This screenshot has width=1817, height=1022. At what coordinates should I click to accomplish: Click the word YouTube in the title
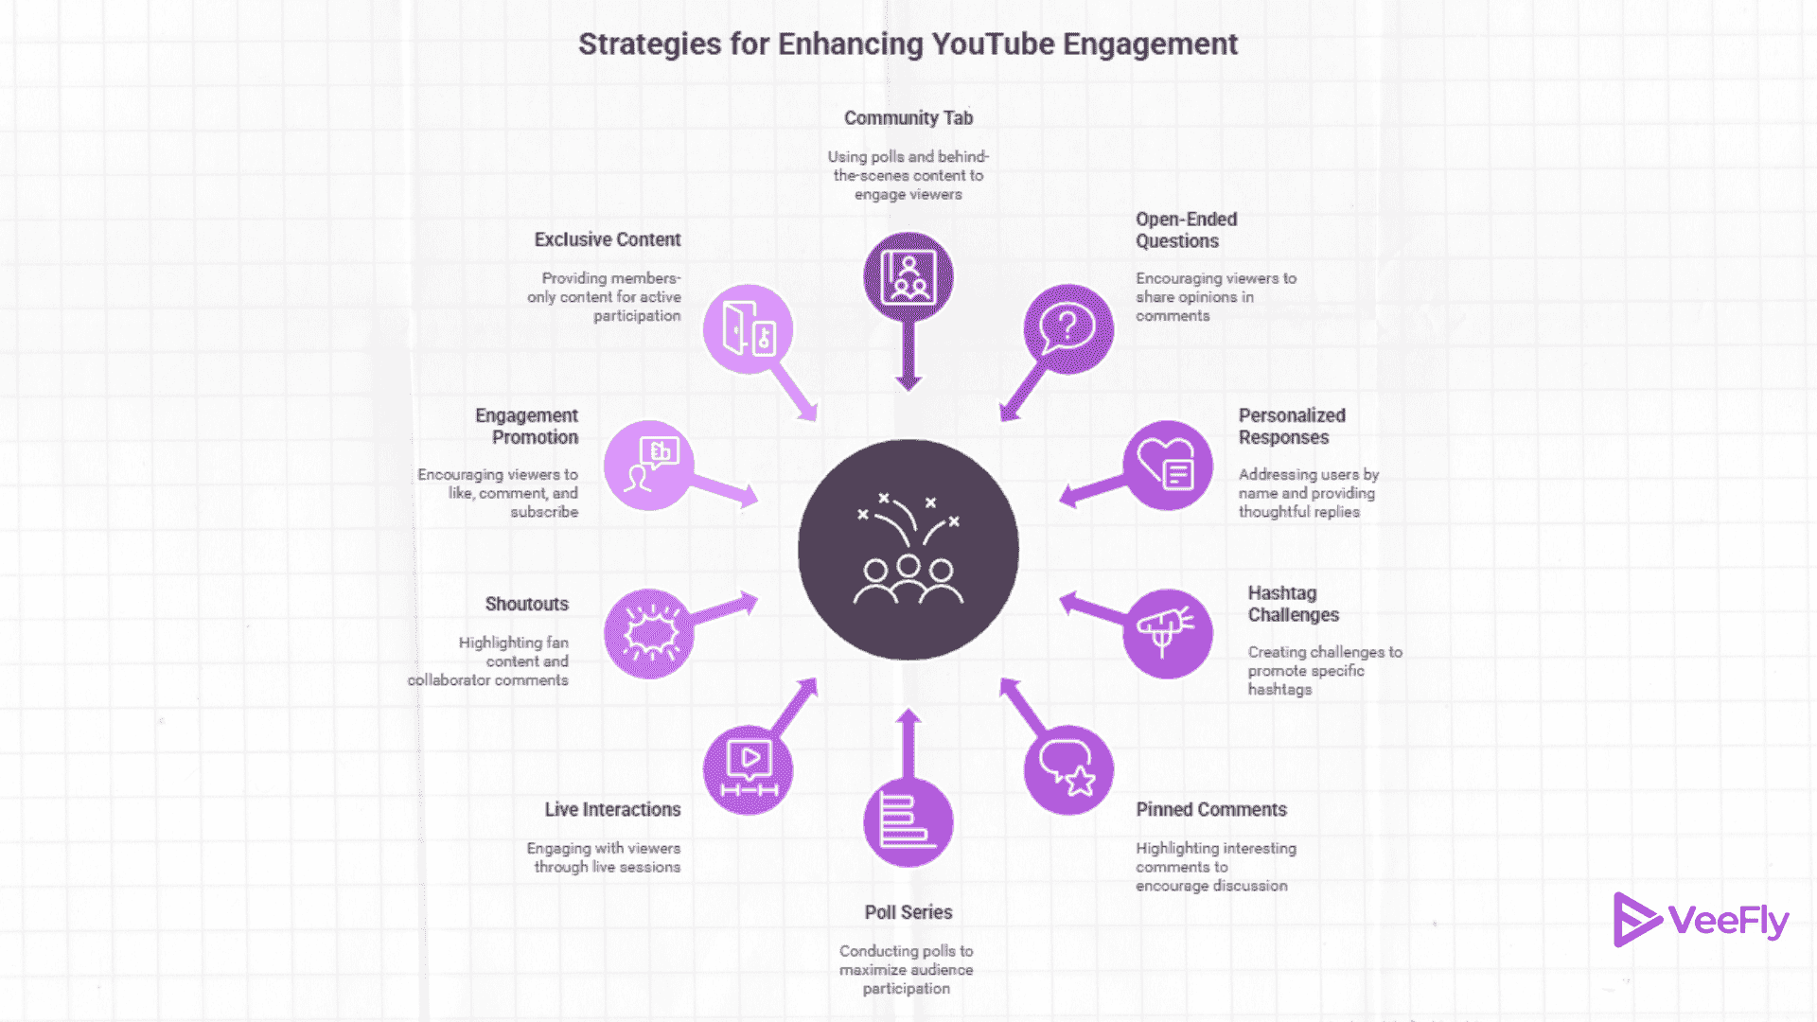992,44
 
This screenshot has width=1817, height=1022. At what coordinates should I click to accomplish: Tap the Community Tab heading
908,118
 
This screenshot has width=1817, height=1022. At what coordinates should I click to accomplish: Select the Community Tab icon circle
908,276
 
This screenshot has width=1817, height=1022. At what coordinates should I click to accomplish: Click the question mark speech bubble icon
1068,328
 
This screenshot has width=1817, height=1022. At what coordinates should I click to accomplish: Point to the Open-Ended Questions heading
1186,230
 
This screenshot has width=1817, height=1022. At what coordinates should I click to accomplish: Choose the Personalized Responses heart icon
1168,465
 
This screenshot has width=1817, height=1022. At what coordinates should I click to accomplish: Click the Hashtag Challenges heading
1293,604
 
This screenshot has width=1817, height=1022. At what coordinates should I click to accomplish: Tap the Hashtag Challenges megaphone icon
1167,633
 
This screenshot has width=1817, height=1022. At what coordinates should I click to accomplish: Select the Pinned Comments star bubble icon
1068,769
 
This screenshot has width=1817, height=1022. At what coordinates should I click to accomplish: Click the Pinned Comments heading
1210,810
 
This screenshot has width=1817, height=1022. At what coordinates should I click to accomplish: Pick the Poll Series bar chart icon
908,821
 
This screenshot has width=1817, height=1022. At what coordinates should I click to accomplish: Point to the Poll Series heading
908,912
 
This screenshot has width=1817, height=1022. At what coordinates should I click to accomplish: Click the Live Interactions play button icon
749,769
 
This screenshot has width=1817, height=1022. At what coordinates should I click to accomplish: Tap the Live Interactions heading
612,810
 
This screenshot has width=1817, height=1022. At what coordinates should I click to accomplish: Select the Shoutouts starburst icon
649,633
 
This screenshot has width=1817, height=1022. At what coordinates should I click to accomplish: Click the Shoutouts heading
526,605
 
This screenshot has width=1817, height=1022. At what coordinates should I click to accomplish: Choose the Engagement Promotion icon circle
649,465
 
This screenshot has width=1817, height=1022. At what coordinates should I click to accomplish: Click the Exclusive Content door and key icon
749,328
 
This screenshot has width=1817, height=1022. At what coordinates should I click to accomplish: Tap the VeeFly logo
1701,920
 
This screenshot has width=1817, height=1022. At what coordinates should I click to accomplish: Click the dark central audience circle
908,550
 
